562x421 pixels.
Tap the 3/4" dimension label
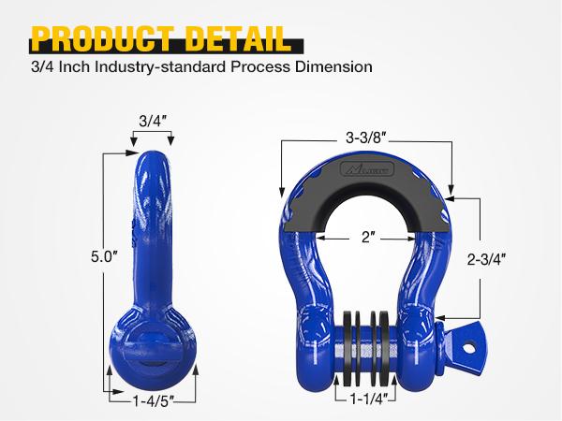pyautogui.click(x=152, y=121)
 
